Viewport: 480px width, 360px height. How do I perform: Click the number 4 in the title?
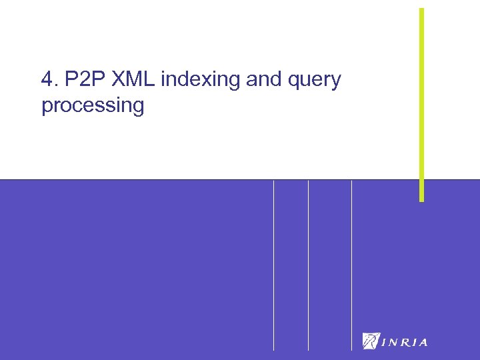[x=46, y=80]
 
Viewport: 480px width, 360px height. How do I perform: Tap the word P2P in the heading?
[x=79, y=80]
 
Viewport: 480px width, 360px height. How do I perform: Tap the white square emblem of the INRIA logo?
[x=371, y=341]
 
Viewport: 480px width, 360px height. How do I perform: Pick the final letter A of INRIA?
[x=423, y=343]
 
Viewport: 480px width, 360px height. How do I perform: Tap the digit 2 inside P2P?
[x=79, y=80]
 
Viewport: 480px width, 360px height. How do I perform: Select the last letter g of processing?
[x=137, y=108]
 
